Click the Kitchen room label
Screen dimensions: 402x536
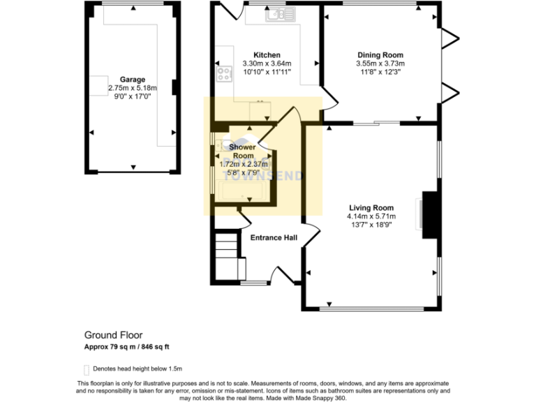coord(267,55)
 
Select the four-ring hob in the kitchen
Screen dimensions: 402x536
coord(225,74)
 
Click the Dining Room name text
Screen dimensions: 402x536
coord(380,55)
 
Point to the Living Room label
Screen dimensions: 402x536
coord(371,207)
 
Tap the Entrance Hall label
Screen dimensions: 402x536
coord(274,238)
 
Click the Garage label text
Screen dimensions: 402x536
coord(132,80)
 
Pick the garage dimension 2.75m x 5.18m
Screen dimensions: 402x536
coord(132,88)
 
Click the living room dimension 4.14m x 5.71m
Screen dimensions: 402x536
coord(371,216)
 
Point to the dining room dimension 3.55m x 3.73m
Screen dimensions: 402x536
coord(380,64)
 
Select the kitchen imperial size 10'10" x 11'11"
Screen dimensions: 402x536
coord(267,72)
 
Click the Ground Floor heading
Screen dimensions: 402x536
coord(113,335)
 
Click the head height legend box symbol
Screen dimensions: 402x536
coord(87,368)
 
